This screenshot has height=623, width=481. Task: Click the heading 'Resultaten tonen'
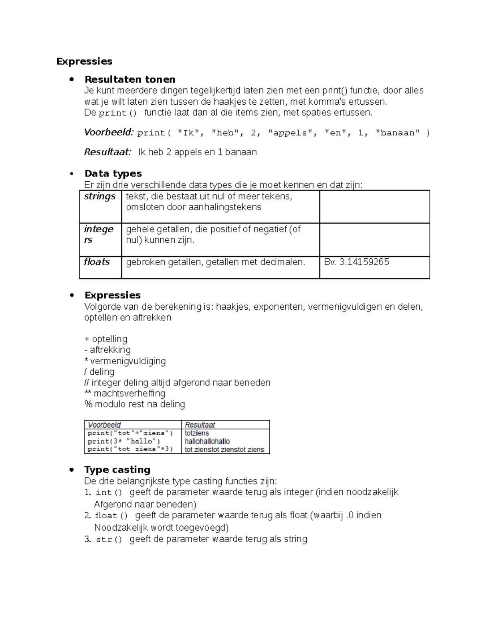pos(130,79)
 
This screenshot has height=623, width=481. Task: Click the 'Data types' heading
pos(113,173)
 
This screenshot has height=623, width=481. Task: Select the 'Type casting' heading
pos(117,469)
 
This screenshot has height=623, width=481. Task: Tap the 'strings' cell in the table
pos(100,197)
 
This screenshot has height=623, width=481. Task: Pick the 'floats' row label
pos(97,262)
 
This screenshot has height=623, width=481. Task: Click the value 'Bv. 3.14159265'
pos(356,262)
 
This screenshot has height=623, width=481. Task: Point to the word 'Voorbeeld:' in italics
pos(108,132)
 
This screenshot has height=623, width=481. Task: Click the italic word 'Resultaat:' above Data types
pos(107,152)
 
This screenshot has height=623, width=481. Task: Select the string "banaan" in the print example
pos(397,133)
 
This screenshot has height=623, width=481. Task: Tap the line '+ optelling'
pos(106,339)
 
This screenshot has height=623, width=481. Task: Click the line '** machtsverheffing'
pos(125,394)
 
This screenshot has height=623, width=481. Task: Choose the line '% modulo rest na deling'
pos(135,404)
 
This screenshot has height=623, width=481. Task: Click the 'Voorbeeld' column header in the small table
pos(104,425)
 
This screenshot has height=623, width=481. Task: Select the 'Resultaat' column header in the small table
pos(200,425)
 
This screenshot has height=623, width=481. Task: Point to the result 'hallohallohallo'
pos(207,441)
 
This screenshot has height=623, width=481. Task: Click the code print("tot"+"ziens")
pos(130,433)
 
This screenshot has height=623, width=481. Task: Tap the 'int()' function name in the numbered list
pos(108,493)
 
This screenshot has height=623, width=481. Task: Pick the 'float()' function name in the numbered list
pos(111,515)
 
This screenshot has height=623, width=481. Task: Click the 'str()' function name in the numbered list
pos(109,540)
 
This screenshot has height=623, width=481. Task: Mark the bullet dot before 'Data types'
pos(72,174)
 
